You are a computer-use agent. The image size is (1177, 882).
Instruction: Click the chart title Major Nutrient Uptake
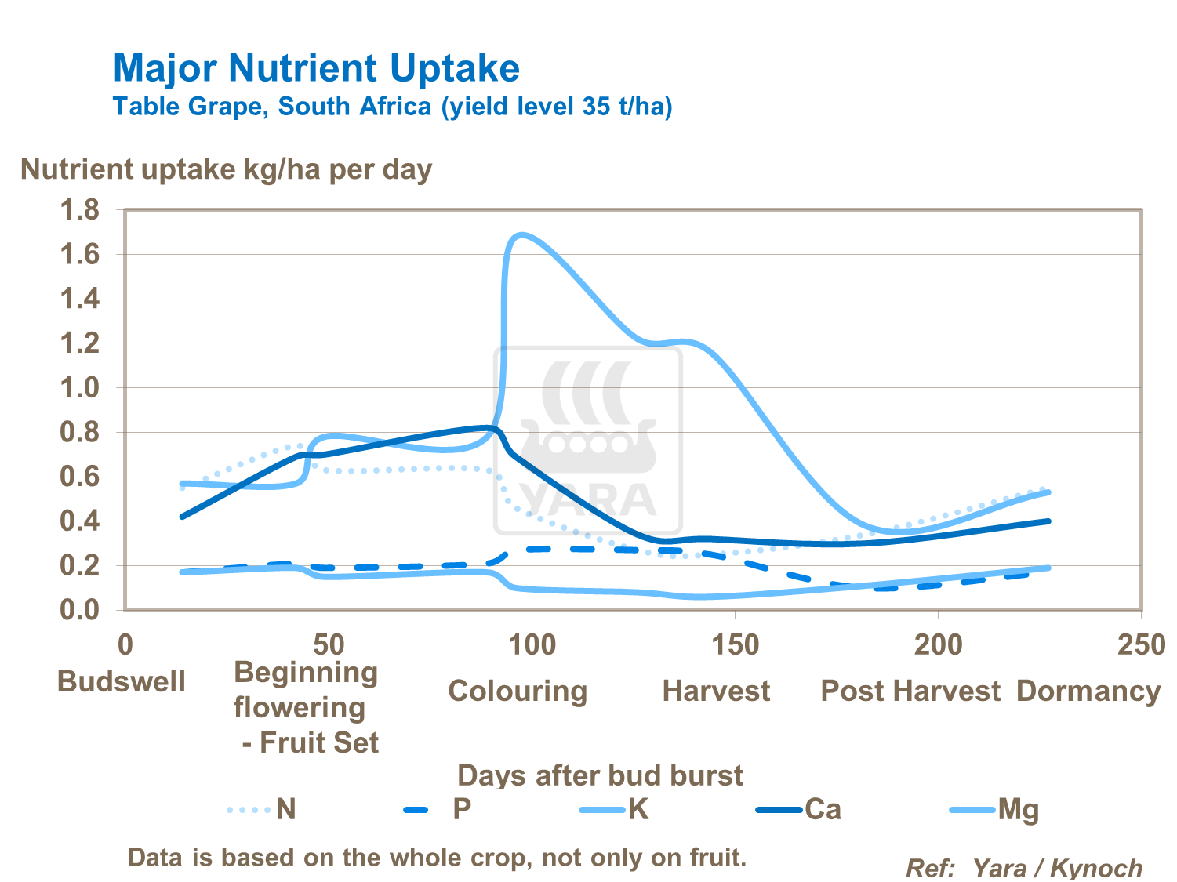[x=316, y=68]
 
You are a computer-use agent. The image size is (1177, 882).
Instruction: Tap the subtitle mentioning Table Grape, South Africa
[x=392, y=106]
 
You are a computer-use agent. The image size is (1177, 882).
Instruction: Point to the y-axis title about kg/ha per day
[x=226, y=169]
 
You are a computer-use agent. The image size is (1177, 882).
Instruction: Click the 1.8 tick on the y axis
[x=80, y=210]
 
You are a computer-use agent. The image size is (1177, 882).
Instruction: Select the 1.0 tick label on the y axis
[x=80, y=388]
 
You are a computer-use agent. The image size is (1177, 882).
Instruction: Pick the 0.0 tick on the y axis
[x=80, y=610]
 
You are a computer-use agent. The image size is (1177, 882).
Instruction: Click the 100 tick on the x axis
[x=532, y=645]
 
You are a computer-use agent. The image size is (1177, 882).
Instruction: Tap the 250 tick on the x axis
[x=1141, y=645]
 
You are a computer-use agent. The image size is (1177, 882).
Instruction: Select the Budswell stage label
[x=122, y=681]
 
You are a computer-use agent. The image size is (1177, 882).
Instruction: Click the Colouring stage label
[x=518, y=691]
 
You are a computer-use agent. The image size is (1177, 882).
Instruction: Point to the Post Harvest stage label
[x=910, y=691]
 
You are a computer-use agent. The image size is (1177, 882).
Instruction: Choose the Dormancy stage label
[x=1088, y=691]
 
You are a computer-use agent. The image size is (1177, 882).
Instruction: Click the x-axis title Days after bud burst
[x=600, y=775]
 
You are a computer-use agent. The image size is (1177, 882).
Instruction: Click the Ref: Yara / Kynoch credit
[x=1023, y=868]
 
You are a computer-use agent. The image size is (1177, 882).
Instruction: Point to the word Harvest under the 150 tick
[x=716, y=691]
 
